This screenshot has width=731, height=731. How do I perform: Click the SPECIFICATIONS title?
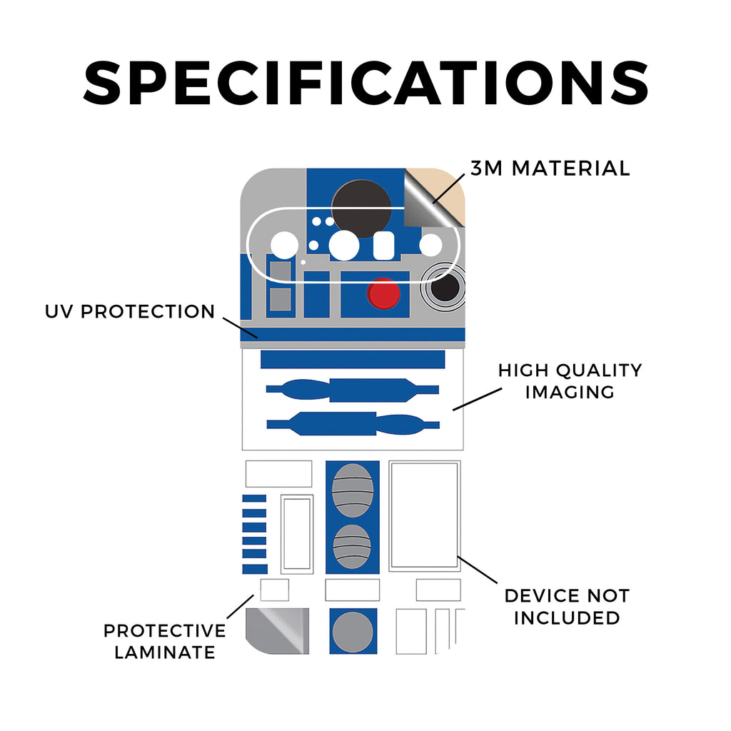coord(365,83)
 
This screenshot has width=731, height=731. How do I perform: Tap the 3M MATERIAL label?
coord(550,168)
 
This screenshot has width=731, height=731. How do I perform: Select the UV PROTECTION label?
coord(130,311)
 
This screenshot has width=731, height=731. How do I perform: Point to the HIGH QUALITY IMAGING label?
coord(570,381)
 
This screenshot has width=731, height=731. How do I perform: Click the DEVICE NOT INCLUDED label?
coord(567,607)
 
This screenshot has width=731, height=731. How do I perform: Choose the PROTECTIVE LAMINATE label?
coord(165,641)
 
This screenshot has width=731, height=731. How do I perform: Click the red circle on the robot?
coord(383,293)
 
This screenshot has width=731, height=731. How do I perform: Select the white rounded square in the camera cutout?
coord(383,246)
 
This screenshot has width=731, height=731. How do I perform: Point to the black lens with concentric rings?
coord(445,288)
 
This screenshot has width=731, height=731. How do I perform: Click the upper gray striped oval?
coord(353,490)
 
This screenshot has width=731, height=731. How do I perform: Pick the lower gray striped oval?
coord(352,546)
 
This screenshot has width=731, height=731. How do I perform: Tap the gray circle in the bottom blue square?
coord(353,632)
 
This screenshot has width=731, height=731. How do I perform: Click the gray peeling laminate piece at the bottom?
coord(277,631)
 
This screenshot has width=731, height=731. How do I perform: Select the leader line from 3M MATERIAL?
coord(448,188)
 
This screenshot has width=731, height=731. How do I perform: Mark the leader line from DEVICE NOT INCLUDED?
coord(478,570)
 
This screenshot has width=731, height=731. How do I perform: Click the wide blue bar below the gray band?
coord(353,360)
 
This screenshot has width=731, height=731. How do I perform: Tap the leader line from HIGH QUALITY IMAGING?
coord(477,399)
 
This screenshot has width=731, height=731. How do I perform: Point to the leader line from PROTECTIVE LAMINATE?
coord(240,607)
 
